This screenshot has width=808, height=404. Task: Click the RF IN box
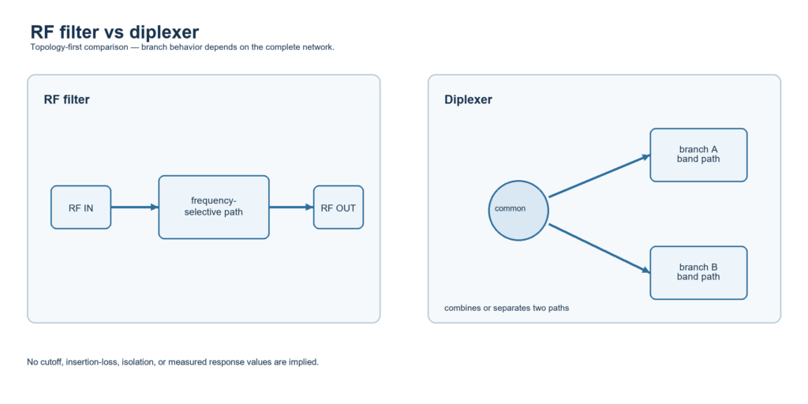[81, 208]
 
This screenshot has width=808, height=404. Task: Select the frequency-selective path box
[214, 208]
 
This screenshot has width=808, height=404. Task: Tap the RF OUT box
[339, 208]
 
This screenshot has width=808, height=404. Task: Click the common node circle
[518, 210]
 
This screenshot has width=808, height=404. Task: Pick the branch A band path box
[699, 155]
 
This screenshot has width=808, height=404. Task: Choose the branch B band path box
[699, 272]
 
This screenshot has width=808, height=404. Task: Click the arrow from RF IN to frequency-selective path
[134, 208]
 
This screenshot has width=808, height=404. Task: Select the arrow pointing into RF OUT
[291, 208]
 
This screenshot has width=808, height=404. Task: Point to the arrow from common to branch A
[600, 176]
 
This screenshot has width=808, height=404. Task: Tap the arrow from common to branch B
[600, 248]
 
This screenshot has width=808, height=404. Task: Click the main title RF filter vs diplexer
[114, 32]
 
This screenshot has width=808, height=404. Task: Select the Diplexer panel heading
[468, 100]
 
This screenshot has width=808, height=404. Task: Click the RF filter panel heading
[66, 100]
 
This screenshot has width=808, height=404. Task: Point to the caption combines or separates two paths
[507, 309]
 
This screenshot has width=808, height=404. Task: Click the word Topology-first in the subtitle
[53, 47]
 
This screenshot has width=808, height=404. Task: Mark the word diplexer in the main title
[164, 33]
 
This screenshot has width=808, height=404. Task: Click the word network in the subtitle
[319, 47]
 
